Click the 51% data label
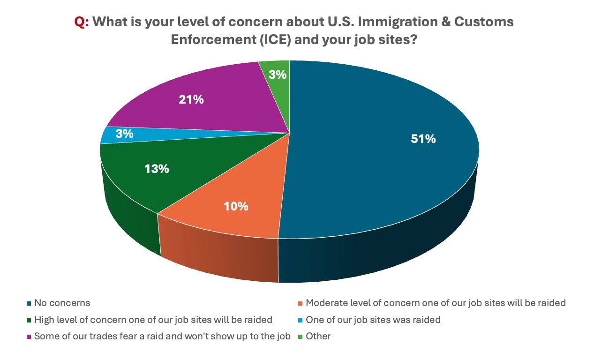click(x=423, y=139)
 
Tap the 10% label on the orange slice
click(x=236, y=206)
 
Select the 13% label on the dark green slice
click(x=157, y=169)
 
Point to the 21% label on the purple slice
click(x=191, y=99)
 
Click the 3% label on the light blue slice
click(x=125, y=134)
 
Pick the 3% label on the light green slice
click(x=278, y=74)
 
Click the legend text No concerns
click(x=62, y=303)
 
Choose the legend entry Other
click(x=318, y=336)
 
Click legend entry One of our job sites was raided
click(x=373, y=320)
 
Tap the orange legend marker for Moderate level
click(x=301, y=303)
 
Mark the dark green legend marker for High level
click(x=29, y=320)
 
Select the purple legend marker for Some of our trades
click(x=29, y=337)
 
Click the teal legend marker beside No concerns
click(x=29, y=303)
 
